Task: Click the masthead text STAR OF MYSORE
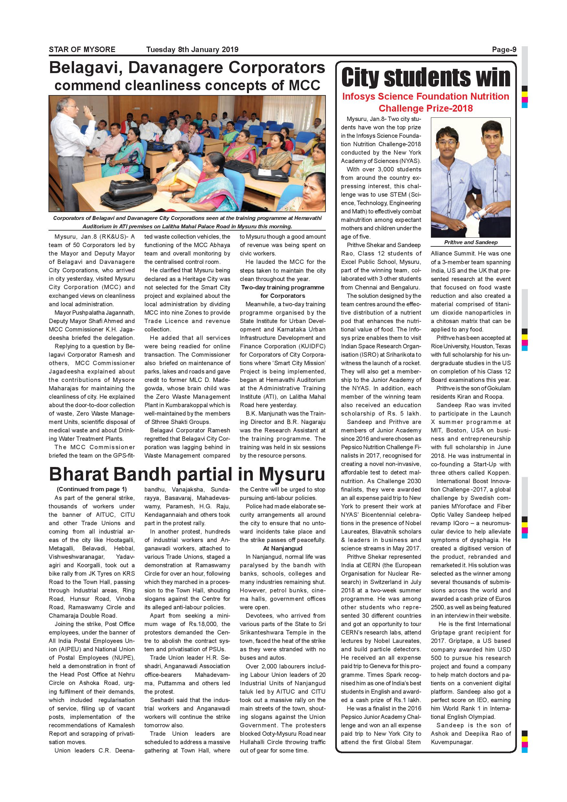pyautogui.click(x=82, y=49)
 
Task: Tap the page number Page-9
pyautogui.click(x=504, y=49)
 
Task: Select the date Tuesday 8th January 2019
pyautogui.click(x=192, y=49)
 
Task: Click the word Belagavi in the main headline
pyautogui.click(x=85, y=68)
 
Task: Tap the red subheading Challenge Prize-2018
pyautogui.click(x=426, y=108)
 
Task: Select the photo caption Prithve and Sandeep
pyautogui.click(x=471, y=243)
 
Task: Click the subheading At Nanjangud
pyautogui.click(x=283, y=548)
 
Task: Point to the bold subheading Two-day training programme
pyautogui.click(x=283, y=287)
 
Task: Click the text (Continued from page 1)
pyautogui.click(x=92, y=489)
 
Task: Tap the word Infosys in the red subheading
pyautogui.click(x=358, y=97)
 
